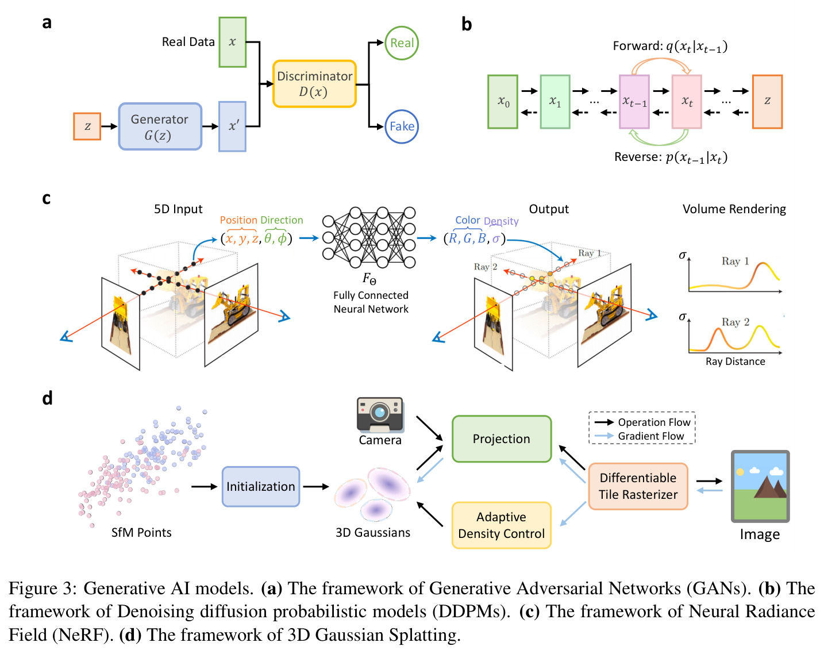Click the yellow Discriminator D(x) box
point(314,83)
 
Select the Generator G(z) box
point(160,126)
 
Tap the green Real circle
point(401,43)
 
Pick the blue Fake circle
point(401,127)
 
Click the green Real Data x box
point(232,42)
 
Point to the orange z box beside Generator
point(87,126)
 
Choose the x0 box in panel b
point(502,102)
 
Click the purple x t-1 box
point(634,102)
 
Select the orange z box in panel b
point(767,102)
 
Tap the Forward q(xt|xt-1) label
point(670,47)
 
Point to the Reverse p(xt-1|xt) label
point(671,157)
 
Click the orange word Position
point(238,220)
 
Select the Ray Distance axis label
point(735,361)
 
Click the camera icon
point(379,415)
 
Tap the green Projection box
point(501,439)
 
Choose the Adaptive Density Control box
point(501,525)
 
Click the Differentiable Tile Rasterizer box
point(638,486)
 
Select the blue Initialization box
point(261,487)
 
